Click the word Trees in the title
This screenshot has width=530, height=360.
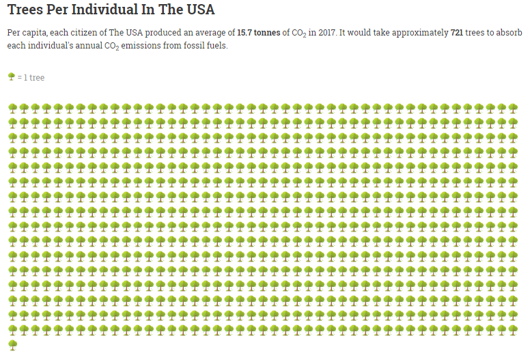(x=25, y=11)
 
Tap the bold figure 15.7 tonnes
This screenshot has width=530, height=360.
(x=257, y=33)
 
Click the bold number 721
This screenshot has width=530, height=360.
(x=458, y=33)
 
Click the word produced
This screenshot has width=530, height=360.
(x=156, y=33)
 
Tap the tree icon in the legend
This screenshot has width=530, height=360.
(x=11, y=77)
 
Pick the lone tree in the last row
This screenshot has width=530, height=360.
(x=12, y=344)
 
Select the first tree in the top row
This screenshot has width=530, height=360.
(x=12, y=108)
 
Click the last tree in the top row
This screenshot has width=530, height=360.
(x=513, y=108)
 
